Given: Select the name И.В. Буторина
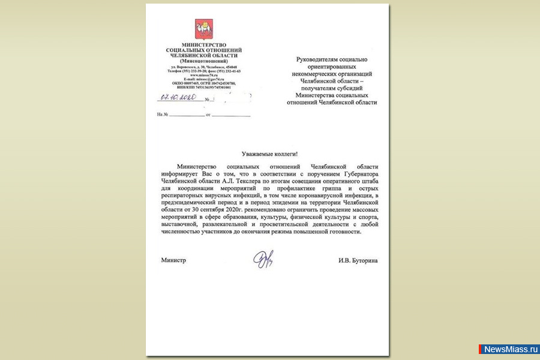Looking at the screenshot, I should [x=358, y=260].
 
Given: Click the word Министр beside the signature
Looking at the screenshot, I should [x=173, y=260].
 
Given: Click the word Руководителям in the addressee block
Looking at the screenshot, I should [x=322, y=59].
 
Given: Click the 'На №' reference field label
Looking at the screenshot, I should [x=161, y=114].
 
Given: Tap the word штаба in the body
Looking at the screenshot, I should [x=367, y=181].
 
